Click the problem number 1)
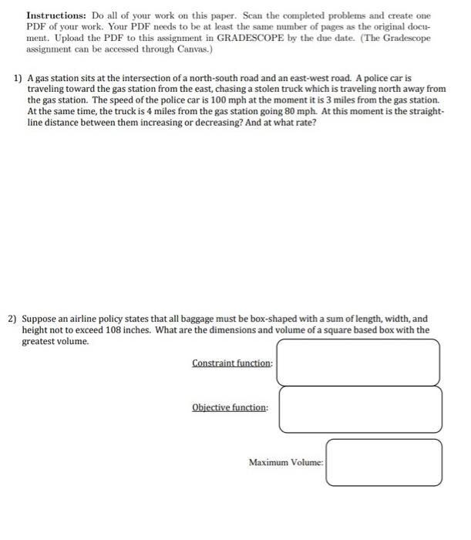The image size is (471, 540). pyautogui.click(x=18, y=79)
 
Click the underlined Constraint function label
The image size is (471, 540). pyautogui.click(x=232, y=363)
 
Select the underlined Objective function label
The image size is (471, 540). pyautogui.click(x=230, y=407)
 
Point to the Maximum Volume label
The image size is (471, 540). pyautogui.click(x=286, y=462)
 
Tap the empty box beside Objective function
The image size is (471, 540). pyautogui.click(x=360, y=409)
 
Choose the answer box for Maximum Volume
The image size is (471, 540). pyautogui.click(x=383, y=462)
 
